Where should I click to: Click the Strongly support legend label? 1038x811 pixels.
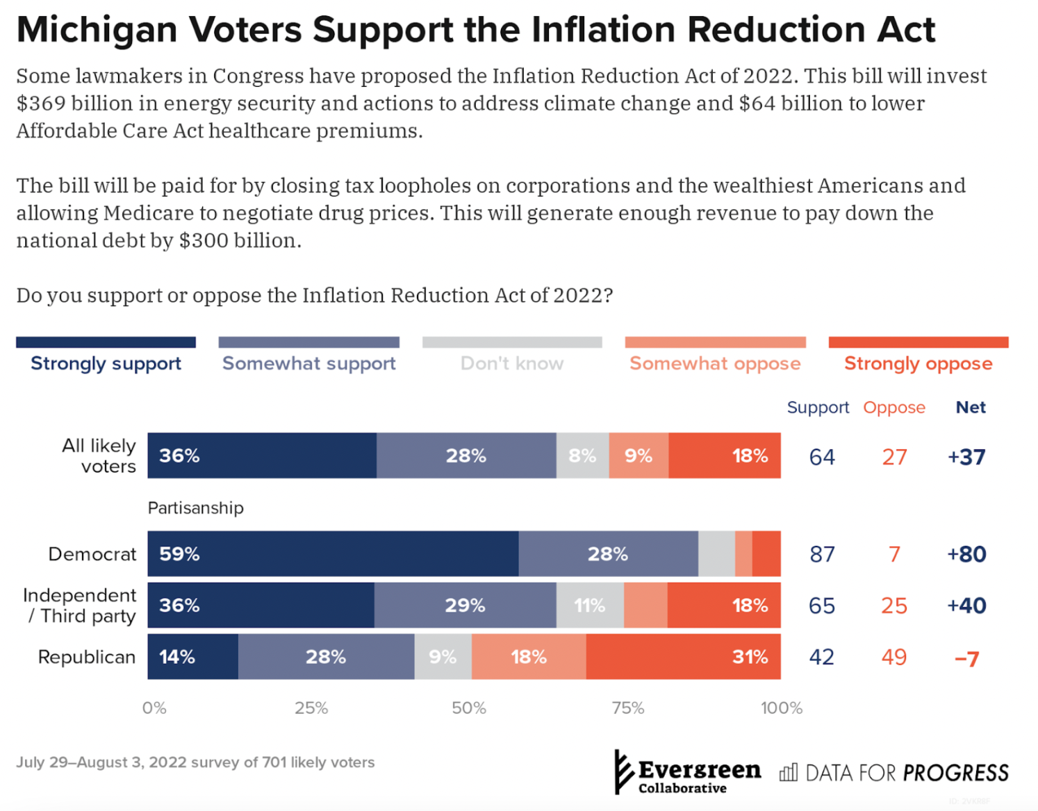pyautogui.click(x=106, y=363)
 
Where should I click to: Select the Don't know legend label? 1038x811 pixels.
pyautogui.click(x=512, y=363)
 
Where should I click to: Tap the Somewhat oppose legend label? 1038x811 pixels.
pyautogui.click(x=715, y=363)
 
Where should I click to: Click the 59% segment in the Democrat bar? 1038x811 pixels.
pyautogui.click(x=333, y=554)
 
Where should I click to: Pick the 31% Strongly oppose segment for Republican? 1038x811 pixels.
pyautogui.click(x=683, y=657)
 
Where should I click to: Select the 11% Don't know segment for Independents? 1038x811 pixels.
pyautogui.click(x=590, y=605)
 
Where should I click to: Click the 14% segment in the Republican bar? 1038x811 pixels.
pyautogui.click(x=192, y=657)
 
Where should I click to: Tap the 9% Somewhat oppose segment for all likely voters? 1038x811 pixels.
pyautogui.click(x=639, y=456)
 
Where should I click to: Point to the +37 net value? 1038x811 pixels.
pyautogui.click(x=966, y=457)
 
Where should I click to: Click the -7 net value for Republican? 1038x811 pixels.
pyautogui.click(x=966, y=658)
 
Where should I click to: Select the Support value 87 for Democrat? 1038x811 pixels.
pyautogui.click(x=822, y=554)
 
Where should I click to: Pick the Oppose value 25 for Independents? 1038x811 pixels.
pyautogui.click(x=894, y=605)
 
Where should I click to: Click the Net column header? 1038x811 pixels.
pyautogui.click(x=971, y=408)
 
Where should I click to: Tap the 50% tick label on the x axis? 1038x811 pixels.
pyautogui.click(x=469, y=708)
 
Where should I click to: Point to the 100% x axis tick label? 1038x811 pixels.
pyautogui.click(x=782, y=708)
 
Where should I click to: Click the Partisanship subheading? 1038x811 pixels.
pyautogui.click(x=196, y=508)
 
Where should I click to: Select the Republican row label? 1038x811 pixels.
pyautogui.click(x=87, y=657)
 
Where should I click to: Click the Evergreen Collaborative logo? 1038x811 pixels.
pyautogui.click(x=688, y=773)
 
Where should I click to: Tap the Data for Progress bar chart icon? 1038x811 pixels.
pyautogui.click(x=789, y=773)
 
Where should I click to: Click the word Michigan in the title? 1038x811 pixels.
pyautogui.click(x=97, y=30)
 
